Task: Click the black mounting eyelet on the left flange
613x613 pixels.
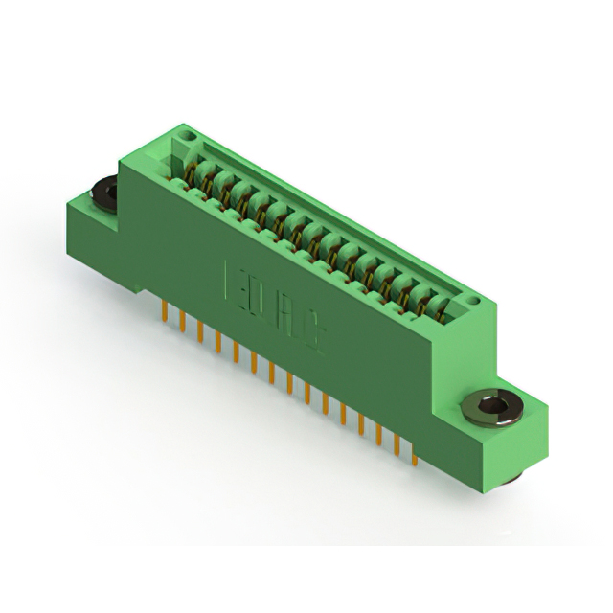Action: (102, 193)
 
